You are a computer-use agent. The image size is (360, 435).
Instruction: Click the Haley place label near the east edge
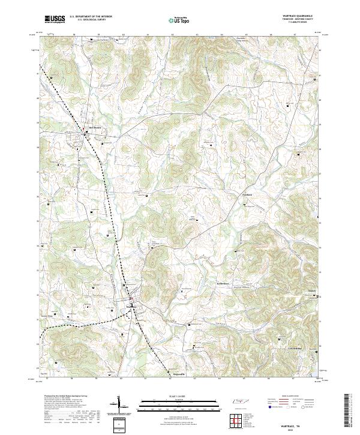311,293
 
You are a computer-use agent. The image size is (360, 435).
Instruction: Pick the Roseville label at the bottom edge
172,373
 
